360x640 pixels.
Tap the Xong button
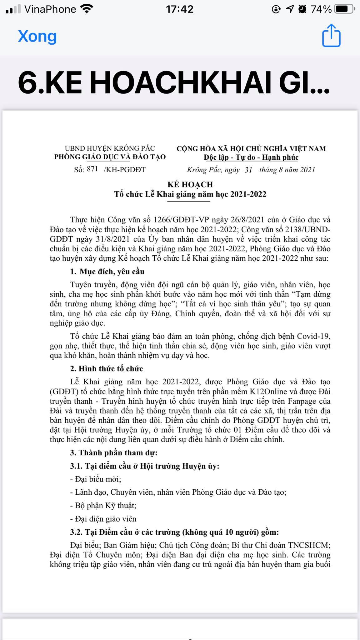tap(37, 36)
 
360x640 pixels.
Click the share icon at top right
tap(331, 36)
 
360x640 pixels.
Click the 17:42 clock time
tap(180, 9)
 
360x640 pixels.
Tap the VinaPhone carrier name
tap(50, 9)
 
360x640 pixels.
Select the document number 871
tap(92, 169)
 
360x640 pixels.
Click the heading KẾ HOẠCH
tap(190, 184)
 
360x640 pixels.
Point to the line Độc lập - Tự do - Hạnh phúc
tap(251, 157)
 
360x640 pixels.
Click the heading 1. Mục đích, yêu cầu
tap(107, 271)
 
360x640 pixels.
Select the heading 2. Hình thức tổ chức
tap(106, 368)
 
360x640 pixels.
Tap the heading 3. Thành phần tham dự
tap(114, 452)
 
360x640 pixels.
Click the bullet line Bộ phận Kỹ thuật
tap(103, 505)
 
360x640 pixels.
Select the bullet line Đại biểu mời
tap(96, 479)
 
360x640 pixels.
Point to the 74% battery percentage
tap(321, 9)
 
